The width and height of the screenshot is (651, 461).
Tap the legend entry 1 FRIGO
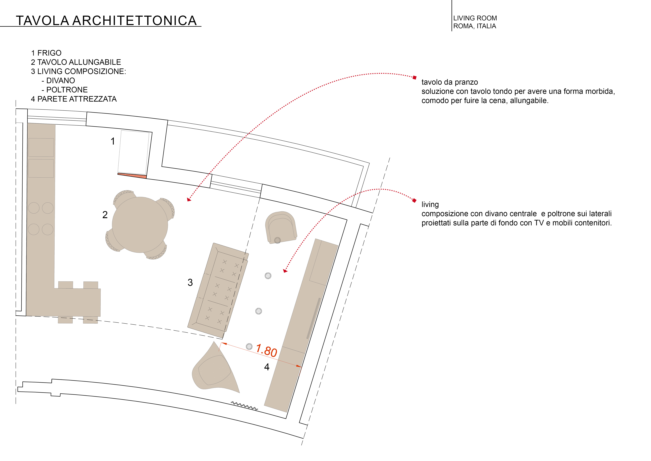46,53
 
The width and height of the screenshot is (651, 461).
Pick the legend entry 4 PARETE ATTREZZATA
74,99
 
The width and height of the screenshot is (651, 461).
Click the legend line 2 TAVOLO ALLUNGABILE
76,62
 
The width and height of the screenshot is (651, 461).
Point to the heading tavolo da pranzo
449,82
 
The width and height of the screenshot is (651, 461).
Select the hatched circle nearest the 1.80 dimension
249,346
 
